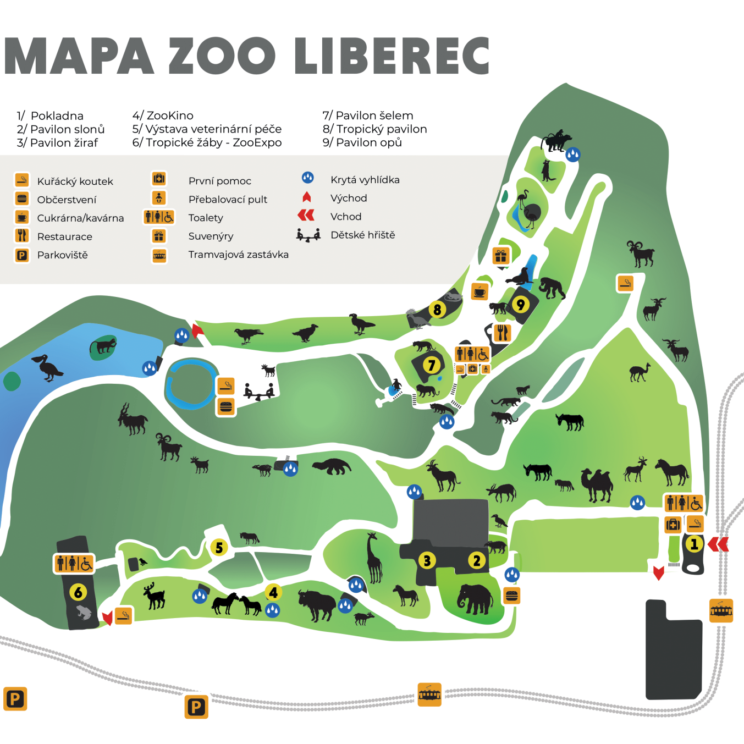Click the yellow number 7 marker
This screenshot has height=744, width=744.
tap(432, 365)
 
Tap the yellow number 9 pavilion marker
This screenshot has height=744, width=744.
tap(521, 304)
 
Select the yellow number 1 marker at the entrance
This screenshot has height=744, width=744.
tap(694, 544)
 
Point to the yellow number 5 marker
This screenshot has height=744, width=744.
tap(219, 548)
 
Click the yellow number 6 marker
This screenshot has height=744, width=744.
tap(78, 592)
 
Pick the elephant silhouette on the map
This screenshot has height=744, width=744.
tap(475, 599)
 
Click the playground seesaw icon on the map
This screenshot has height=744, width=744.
tap(259, 392)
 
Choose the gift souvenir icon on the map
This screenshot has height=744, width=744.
tap(500, 256)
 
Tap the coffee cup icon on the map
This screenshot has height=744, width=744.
tap(480, 291)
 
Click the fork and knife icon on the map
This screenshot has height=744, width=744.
tap(502, 333)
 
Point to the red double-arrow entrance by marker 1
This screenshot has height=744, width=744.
tap(718, 544)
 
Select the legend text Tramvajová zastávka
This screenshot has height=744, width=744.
tap(238, 255)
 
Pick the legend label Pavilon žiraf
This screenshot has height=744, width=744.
tap(64, 143)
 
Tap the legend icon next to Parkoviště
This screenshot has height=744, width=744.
tap(22, 255)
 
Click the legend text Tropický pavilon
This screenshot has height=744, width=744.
tap(381, 129)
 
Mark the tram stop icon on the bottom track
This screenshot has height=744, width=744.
tap(429, 694)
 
